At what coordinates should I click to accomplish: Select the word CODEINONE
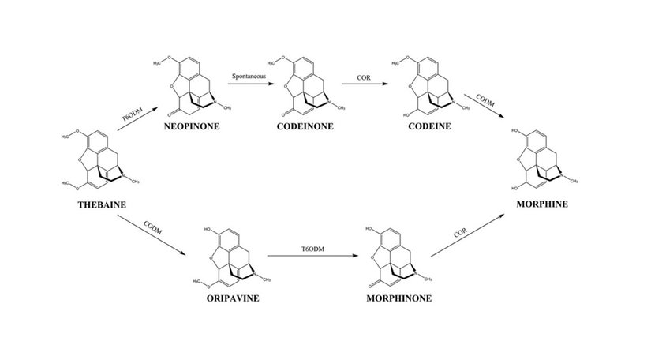pos(304,125)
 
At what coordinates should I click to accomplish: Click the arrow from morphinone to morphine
pos(470,236)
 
